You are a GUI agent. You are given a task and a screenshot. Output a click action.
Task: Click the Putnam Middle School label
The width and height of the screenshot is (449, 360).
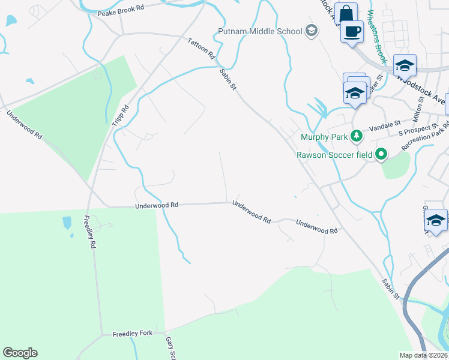point(259,31)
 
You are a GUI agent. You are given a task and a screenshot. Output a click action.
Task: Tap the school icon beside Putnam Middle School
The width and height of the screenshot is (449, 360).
point(311,30)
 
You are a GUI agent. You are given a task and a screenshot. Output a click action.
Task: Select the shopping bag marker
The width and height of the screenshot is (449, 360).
point(346,14)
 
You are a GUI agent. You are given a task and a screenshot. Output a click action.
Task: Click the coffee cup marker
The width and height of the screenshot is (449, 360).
point(352,31)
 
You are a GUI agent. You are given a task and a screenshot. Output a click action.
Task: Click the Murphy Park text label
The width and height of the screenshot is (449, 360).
point(324,137)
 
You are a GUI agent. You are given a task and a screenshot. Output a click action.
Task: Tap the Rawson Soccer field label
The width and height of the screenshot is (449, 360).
point(334,155)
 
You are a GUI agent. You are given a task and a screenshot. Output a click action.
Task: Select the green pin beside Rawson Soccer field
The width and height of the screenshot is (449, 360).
point(381,155)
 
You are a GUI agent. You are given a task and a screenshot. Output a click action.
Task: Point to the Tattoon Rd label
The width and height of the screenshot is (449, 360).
point(201,48)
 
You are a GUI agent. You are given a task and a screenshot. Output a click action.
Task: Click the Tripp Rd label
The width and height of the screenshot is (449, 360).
point(121,115)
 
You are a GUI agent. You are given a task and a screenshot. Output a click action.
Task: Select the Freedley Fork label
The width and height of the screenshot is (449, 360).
point(133,333)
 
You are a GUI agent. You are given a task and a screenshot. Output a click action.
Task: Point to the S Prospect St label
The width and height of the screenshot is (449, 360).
point(418,130)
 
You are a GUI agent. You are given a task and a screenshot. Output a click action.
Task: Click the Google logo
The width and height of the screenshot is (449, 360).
point(20,353)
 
